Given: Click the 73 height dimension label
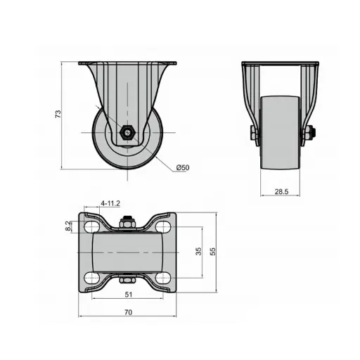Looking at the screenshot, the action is (58, 114).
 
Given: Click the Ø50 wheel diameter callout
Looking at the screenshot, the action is (183, 167).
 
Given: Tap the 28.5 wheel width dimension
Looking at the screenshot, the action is (281, 192).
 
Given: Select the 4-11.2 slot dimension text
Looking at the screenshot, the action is (110, 203).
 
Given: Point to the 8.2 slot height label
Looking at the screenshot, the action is (67, 226).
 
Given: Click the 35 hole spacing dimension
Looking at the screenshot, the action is (198, 251).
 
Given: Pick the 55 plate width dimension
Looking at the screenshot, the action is (212, 252).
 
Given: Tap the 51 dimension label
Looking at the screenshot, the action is (129, 295).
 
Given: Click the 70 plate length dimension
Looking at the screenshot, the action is (128, 312).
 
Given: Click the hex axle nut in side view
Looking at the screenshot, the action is (127, 133).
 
